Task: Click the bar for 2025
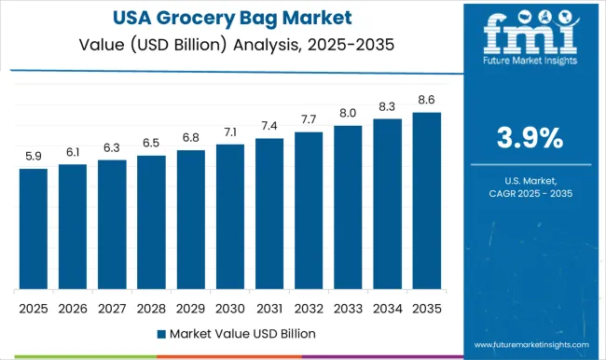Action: point(33,228)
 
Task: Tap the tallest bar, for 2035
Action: point(426,201)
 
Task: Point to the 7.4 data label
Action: point(269,126)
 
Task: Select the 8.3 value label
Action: point(387,106)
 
